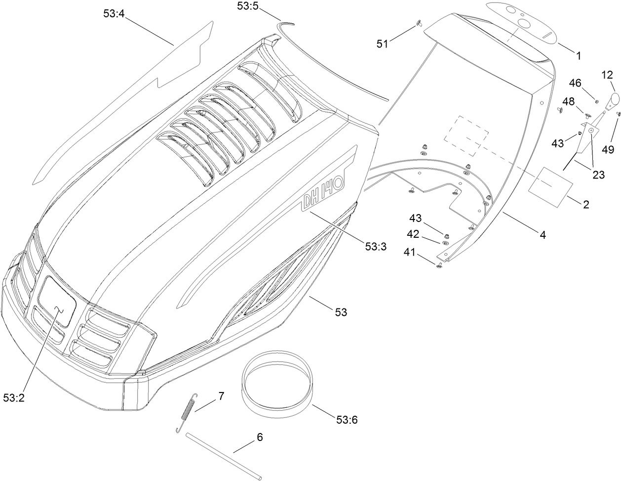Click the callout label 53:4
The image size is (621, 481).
(x=114, y=14)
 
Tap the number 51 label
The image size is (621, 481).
(x=383, y=44)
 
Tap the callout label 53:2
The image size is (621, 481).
(x=14, y=397)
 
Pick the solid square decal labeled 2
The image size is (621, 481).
(x=551, y=185)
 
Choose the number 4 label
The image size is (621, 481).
(x=543, y=235)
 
